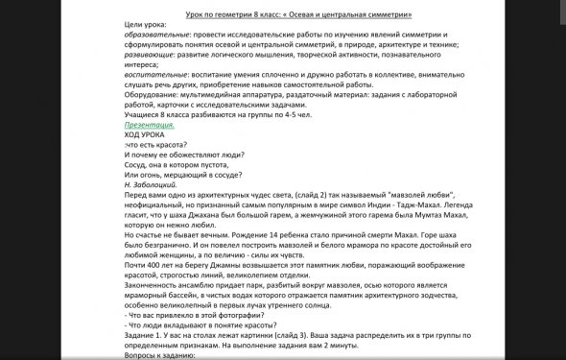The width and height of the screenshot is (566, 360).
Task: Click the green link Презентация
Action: (x=147, y=125)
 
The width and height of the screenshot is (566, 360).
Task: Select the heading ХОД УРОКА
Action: (x=145, y=135)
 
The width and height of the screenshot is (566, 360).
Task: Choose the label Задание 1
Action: (x=145, y=336)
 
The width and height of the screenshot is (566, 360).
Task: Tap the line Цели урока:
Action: (x=149, y=23)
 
